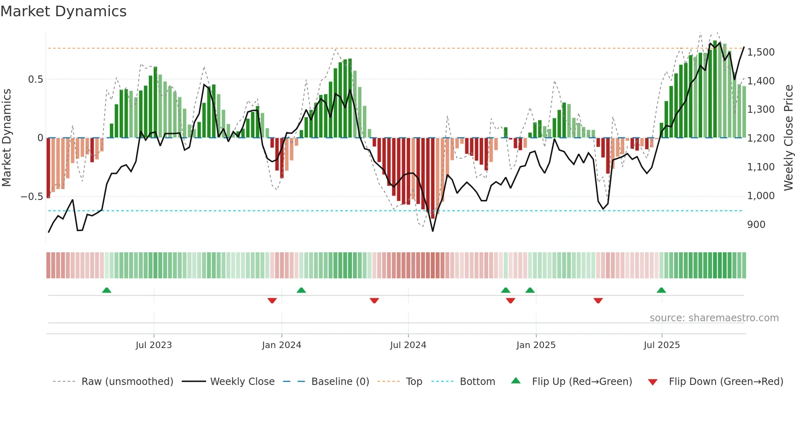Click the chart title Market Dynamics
[x=63, y=11]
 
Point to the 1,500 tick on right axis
[x=761, y=52]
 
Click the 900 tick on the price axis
[x=756, y=225]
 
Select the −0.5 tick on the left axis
[x=32, y=197]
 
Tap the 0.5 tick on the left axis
[x=35, y=80]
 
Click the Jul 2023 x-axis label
[x=154, y=345]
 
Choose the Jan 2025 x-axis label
[x=536, y=345]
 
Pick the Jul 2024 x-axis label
[x=408, y=345]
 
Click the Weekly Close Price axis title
[x=788, y=138]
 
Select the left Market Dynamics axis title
[x=6, y=138]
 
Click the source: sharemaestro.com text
[x=714, y=318]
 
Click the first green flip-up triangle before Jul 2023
[x=107, y=290]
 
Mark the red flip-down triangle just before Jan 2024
[x=272, y=301]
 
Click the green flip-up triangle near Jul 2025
[x=661, y=290]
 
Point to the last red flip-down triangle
[x=598, y=301]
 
